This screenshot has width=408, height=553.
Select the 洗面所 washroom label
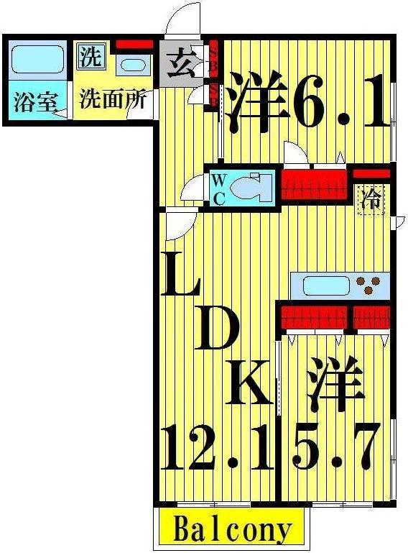pos(112,99)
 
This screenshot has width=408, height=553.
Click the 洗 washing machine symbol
pos(90,57)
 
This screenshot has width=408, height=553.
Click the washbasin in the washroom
pos(132,65)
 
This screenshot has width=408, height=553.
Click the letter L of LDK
pos(180,273)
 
